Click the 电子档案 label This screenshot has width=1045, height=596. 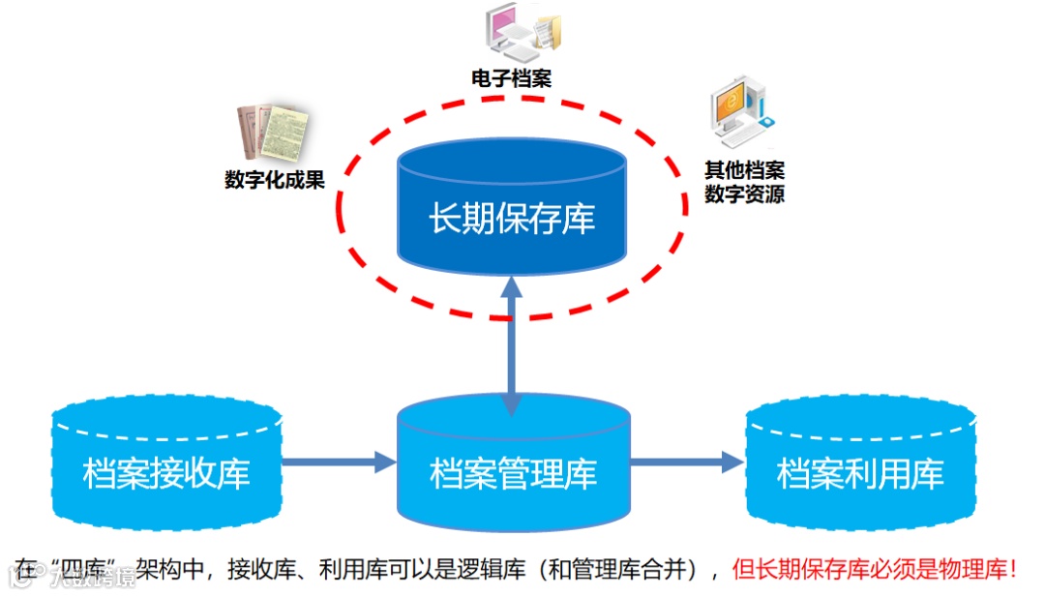512,78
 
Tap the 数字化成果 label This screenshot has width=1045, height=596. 275,180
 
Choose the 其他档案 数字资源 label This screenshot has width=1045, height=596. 744,183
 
